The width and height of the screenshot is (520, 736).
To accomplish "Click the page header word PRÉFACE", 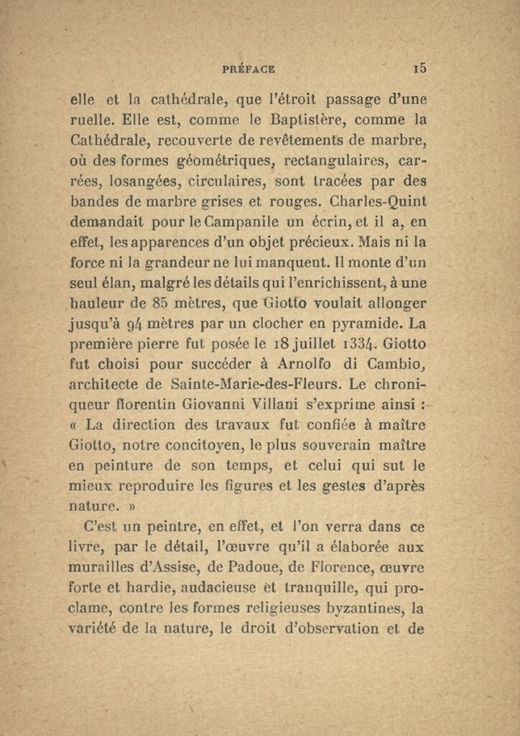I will [x=249, y=69].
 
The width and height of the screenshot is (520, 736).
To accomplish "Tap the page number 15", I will [x=420, y=68].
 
